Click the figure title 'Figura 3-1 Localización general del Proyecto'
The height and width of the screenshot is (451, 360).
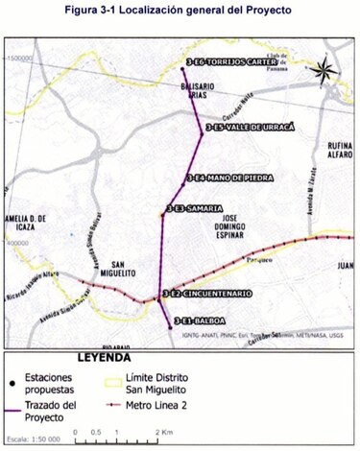click(179, 11)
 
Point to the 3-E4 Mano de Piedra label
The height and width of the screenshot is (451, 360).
click(229, 178)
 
